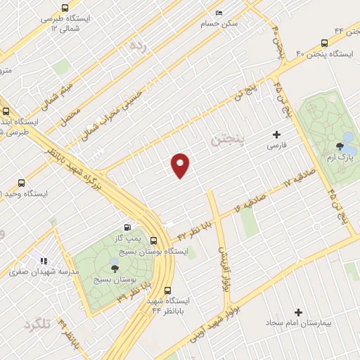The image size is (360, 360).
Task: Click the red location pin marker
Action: tap(181, 165)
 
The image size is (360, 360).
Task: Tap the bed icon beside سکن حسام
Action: tap(218, 13)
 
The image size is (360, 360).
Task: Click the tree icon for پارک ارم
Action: tap(341, 146)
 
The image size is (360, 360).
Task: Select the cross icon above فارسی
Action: tap(276, 134)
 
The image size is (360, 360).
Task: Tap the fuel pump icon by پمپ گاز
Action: tap(127, 226)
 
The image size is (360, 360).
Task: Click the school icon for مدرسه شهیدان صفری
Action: tap(43, 261)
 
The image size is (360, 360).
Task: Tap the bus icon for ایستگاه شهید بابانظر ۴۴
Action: tap(167, 289)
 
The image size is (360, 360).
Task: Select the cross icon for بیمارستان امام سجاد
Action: tap(298, 311)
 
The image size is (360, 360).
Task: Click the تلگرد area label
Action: tap(38, 325)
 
